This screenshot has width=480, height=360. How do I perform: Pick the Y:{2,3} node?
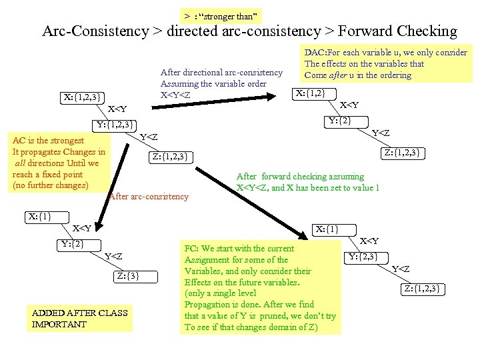point(363,256)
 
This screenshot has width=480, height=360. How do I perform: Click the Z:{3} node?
point(129,275)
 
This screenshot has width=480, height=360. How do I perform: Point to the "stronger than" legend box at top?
point(222,15)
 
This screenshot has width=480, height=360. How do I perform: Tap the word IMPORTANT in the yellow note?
point(59,324)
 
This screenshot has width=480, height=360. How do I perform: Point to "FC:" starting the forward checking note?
point(191,248)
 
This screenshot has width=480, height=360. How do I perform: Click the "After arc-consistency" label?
point(149,196)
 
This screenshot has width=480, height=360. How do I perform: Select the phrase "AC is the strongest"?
point(49,141)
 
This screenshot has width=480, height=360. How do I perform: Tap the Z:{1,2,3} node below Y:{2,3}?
point(422,289)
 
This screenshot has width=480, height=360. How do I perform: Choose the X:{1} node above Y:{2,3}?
point(327,229)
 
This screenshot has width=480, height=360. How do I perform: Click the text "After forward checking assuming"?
point(300,177)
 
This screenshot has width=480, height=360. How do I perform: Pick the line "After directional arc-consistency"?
point(221,72)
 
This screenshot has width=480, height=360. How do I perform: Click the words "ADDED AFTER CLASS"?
point(80,313)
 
